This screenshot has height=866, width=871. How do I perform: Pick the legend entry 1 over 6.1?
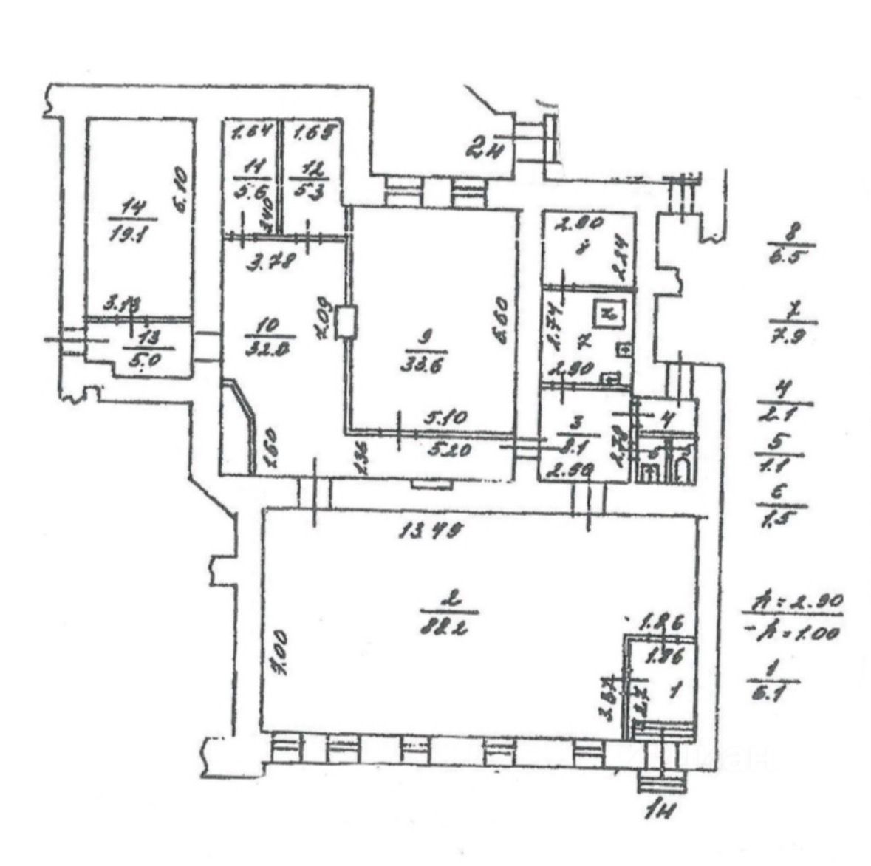pos(773,681)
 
